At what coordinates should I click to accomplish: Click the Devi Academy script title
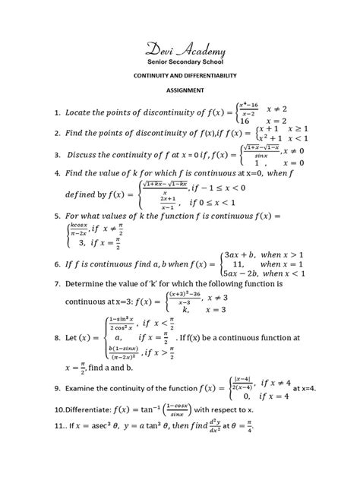coord(179,50)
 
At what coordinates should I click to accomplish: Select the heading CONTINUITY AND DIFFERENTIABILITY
coord(180,77)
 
